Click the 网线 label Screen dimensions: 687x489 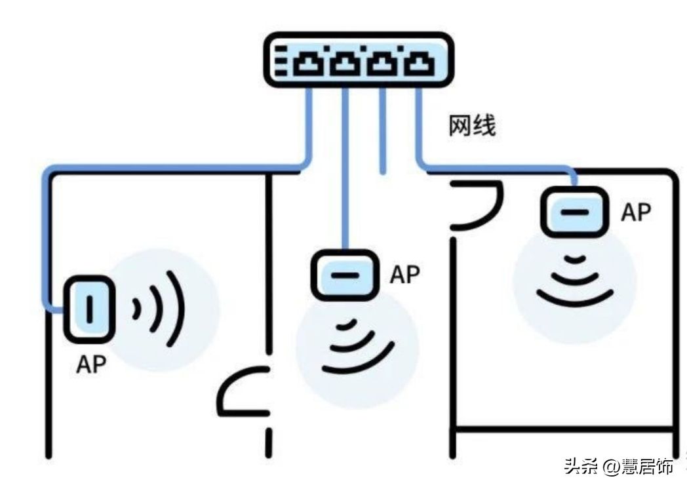click(x=472, y=126)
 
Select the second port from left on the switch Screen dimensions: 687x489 click(x=345, y=62)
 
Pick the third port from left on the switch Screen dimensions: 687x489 click(x=383, y=62)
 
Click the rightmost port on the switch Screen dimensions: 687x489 click(x=420, y=62)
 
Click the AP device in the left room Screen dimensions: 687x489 click(x=90, y=309)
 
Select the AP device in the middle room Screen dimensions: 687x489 click(x=345, y=275)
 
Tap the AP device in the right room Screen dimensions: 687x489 click(x=575, y=212)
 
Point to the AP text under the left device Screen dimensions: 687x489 click(x=91, y=364)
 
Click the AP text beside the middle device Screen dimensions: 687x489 click(x=405, y=274)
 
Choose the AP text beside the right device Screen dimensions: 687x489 click(x=636, y=212)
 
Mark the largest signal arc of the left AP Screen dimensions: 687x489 click(x=178, y=309)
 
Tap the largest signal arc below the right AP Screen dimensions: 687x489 click(x=575, y=301)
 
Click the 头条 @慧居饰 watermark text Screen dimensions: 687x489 click(x=618, y=466)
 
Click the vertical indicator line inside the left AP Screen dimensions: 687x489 click(x=90, y=309)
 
